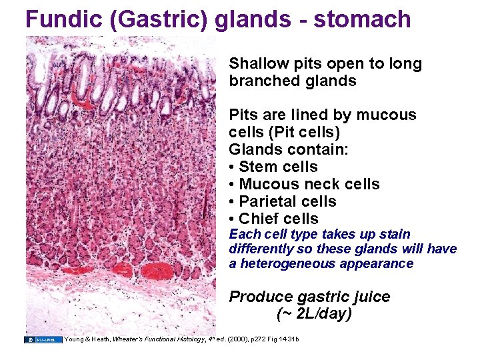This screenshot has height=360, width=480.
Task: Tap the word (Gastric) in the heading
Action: pos(164,19)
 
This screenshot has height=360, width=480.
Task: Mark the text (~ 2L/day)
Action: pos(314,313)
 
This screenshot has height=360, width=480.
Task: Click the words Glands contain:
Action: pos(289,149)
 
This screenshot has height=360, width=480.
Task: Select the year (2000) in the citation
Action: pos(240,339)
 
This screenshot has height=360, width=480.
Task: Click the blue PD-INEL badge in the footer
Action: pos(44,339)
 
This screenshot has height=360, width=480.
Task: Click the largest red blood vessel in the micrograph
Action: pos(159,271)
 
